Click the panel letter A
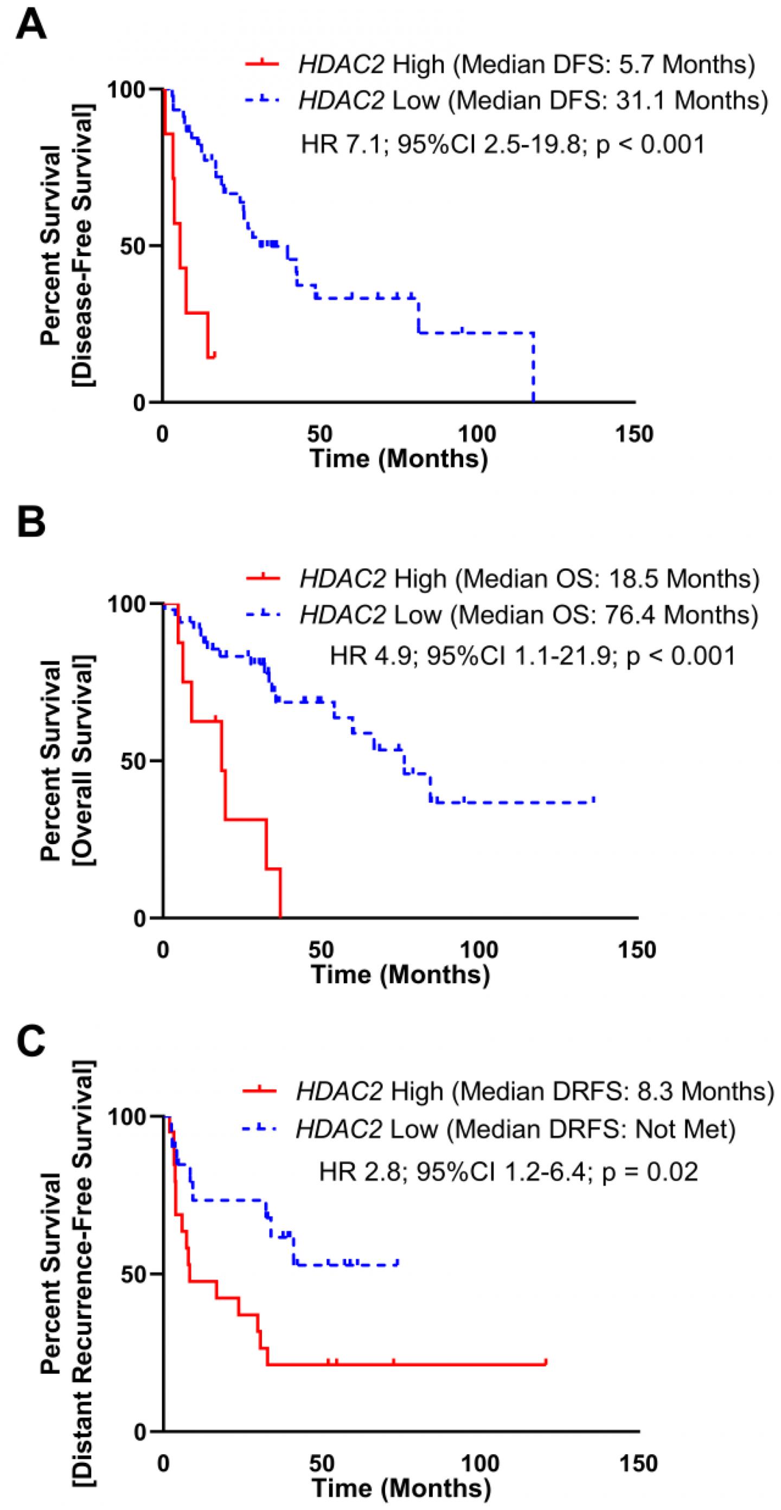tap(31, 25)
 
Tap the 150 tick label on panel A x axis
tap(636, 435)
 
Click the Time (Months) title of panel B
tap(400, 974)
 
